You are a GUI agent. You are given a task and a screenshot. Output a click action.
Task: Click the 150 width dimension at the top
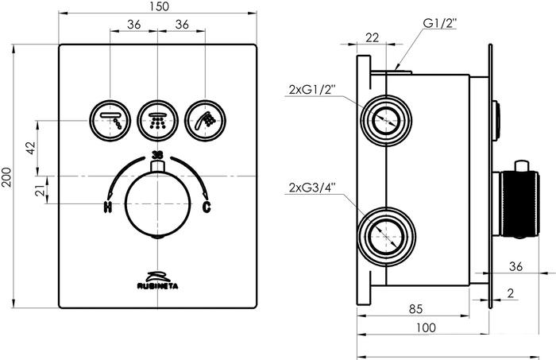pyautogui.click(x=159, y=6)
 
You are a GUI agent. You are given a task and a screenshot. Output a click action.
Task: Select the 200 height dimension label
pyautogui.click(x=6, y=177)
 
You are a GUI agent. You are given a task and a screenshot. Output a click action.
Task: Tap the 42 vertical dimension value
pyautogui.click(x=31, y=148)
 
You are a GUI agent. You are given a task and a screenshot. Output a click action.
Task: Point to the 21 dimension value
pyautogui.click(x=41, y=190)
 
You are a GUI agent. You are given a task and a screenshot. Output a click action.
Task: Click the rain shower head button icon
pyautogui.click(x=157, y=121)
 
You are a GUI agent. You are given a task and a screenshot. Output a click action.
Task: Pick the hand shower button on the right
pyautogui.click(x=205, y=121)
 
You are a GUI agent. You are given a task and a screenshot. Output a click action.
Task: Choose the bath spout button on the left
pyautogui.click(x=110, y=121)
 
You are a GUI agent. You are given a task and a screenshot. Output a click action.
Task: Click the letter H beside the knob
pyautogui.click(x=107, y=207)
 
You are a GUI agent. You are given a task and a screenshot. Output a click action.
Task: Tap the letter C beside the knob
pyautogui.click(x=207, y=207)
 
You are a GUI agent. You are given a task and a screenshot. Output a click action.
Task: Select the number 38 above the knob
pyautogui.click(x=157, y=155)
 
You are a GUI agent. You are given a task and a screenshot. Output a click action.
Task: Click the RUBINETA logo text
pyautogui.click(x=158, y=286)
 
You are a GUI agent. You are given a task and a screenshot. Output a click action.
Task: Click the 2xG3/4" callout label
pyautogui.click(x=312, y=187)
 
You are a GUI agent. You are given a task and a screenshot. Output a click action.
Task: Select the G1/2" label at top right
pyautogui.click(x=440, y=23)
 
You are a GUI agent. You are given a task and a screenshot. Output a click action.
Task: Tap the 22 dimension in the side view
pyautogui.click(x=372, y=37)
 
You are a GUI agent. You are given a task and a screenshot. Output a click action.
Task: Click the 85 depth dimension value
pyautogui.click(x=415, y=309)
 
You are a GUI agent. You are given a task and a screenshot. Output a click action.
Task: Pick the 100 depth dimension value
pyautogui.click(x=426, y=327)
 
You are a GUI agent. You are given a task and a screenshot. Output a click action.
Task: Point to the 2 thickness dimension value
pyautogui.click(x=511, y=293)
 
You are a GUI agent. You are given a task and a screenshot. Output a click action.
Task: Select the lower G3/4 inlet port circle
pyautogui.click(x=387, y=236)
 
